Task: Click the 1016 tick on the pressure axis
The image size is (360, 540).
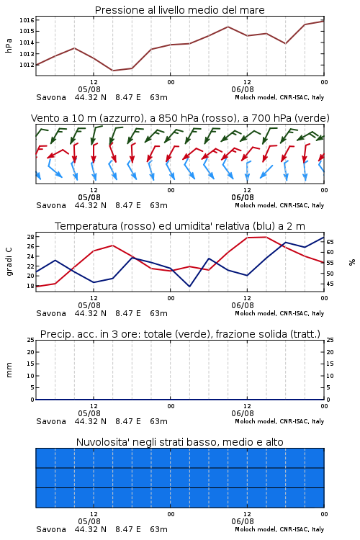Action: tap(27, 20)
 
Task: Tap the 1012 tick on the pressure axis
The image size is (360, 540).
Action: tap(27, 65)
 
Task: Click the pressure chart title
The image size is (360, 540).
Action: tap(180, 10)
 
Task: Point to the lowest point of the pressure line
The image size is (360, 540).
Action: tap(112, 71)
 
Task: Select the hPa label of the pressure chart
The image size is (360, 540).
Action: tap(9, 45)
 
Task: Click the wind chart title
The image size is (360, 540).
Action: tap(180, 118)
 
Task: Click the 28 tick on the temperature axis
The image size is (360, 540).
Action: tap(30, 237)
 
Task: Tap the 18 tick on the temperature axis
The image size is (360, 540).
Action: tap(30, 286)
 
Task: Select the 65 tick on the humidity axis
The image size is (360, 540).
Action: tap(330, 242)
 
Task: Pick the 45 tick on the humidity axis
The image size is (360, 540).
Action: tap(330, 284)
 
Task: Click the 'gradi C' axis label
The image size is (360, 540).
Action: tap(9, 261)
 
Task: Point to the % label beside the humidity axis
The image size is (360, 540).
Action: tap(352, 262)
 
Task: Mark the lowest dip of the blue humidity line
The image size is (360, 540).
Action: tap(189, 286)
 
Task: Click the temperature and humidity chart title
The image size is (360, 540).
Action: tap(180, 226)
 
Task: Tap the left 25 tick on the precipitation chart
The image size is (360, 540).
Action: tap(30, 340)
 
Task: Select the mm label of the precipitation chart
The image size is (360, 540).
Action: tap(9, 370)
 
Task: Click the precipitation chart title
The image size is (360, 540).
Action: tap(180, 334)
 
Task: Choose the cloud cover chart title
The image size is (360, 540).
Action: tap(180, 442)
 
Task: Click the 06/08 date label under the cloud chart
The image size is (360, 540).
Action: tap(243, 521)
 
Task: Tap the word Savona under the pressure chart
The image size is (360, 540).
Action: tap(51, 97)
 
